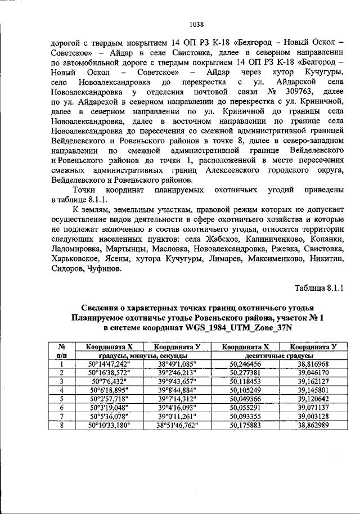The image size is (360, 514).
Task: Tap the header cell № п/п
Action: point(64,351)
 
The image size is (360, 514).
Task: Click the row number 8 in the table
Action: point(64,425)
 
